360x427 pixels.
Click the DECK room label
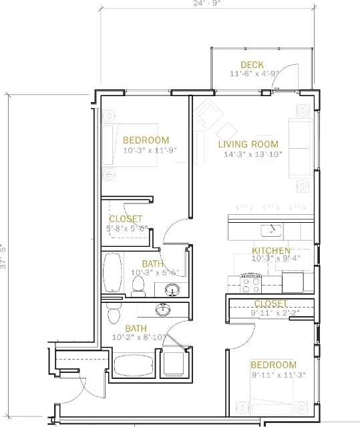point(252,65)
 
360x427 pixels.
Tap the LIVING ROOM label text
point(248,144)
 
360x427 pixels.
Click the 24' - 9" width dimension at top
point(208,3)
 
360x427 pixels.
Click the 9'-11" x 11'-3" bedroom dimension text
point(273,376)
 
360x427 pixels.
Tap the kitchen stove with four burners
point(250,284)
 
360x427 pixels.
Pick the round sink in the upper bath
point(172,290)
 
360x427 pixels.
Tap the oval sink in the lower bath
point(163,309)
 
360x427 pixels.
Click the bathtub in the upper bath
point(112,272)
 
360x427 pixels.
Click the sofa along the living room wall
point(300,148)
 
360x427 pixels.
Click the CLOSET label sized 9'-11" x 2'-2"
point(271,304)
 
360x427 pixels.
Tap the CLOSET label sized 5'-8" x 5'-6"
point(126,219)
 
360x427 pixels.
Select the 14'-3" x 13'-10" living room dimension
point(253,155)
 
